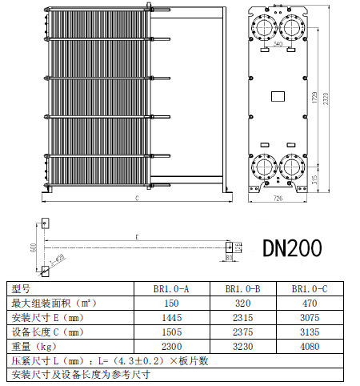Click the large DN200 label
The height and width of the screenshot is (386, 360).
pyautogui.click(x=292, y=248)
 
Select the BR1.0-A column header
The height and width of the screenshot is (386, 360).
pyautogui.click(x=171, y=288)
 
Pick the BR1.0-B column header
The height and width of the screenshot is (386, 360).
pyautogui.click(x=242, y=288)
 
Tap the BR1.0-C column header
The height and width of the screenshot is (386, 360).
pyautogui.click(x=308, y=288)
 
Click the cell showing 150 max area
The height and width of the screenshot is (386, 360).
pyautogui.click(x=171, y=303)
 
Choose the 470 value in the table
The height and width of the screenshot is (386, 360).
pyautogui.click(x=308, y=303)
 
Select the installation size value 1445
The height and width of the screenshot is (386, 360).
pyautogui.click(x=171, y=317)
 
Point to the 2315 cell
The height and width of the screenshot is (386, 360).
pyautogui.click(x=242, y=317)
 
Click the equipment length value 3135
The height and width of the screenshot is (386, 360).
pyautogui.click(x=308, y=332)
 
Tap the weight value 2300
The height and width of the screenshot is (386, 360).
pyautogui.click(x=171, y=346)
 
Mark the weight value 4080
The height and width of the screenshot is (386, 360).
pyautogui.click(x=308, y=346)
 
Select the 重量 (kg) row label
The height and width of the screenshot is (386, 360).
pyautogui.click(x=33, y=346)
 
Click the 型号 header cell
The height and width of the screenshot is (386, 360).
pyautogui.click(x=21, y=288)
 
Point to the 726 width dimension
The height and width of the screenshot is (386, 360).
pyautogui.click(x=279, y=196)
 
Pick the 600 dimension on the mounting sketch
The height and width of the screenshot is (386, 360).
pyautogui.click(x=32, y=247)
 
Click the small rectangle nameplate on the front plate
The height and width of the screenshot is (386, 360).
pyautogui.click(x=278, y=97)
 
